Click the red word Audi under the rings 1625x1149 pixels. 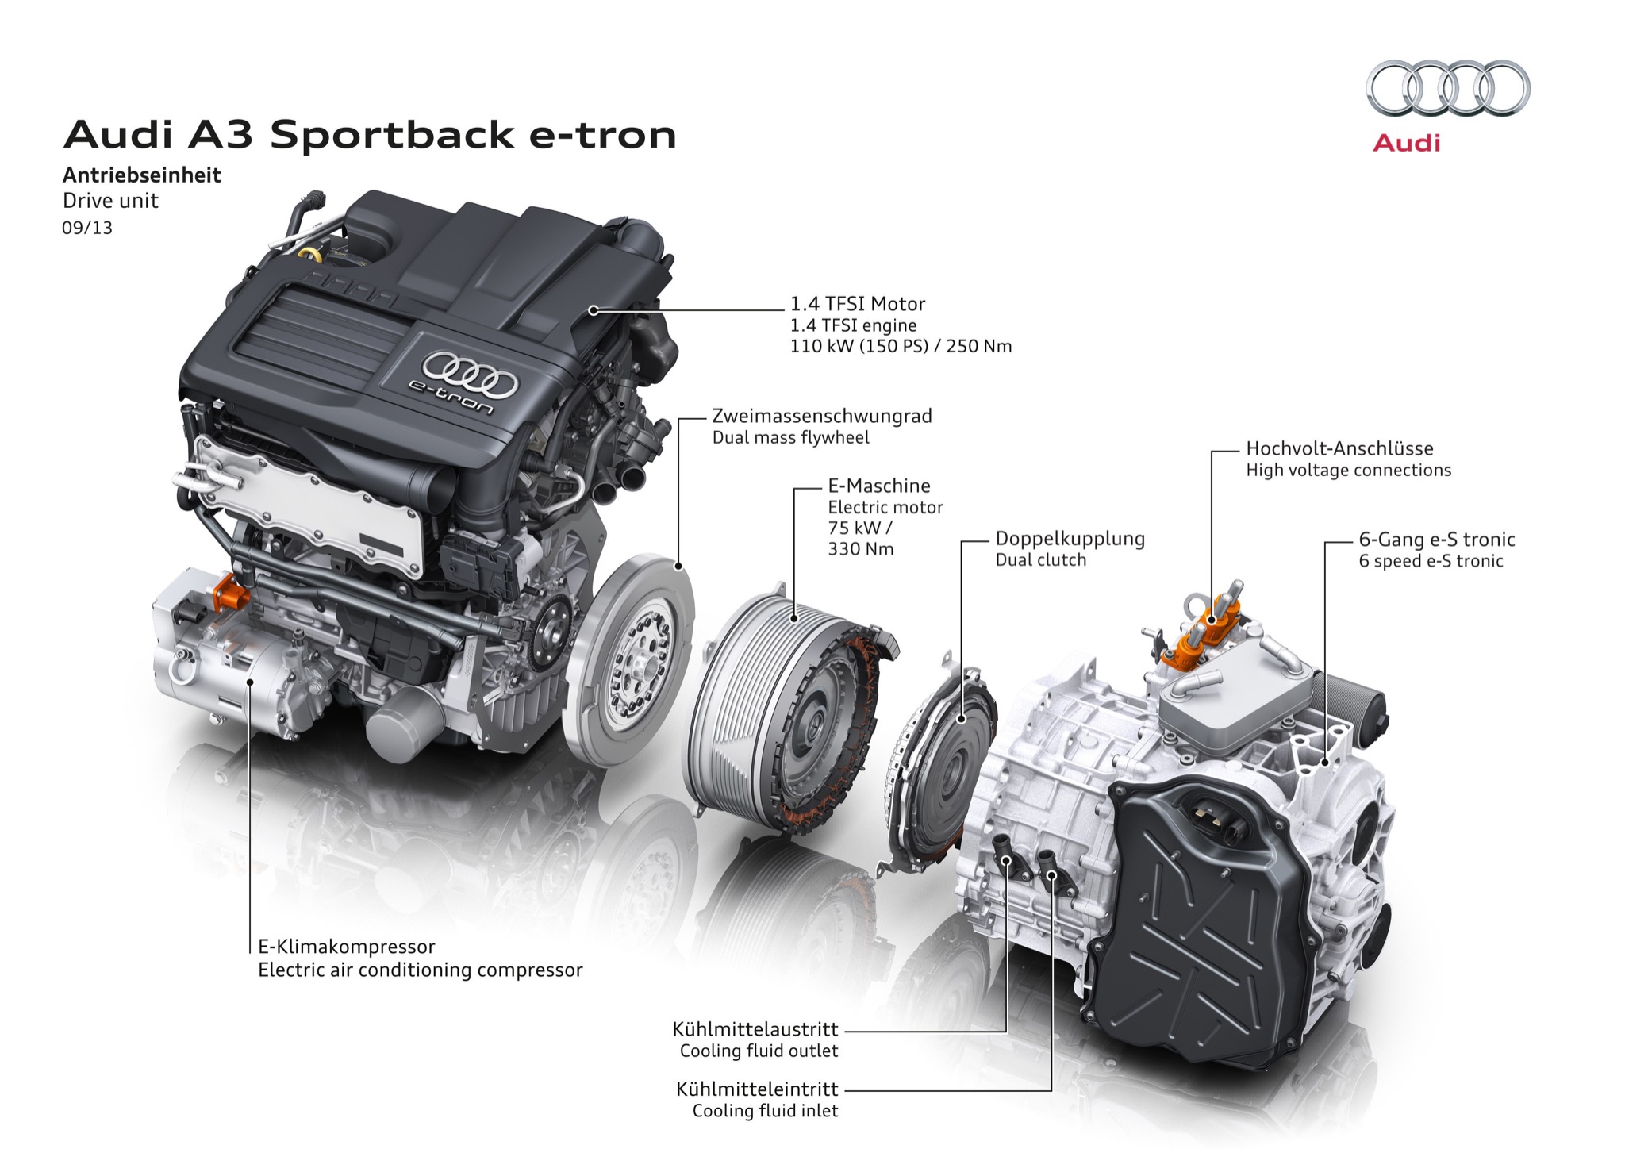pyautogui.click(x=1406, y=144)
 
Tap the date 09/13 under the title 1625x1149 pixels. pyautogui.click(x=87, y=229)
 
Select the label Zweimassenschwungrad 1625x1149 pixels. pyautogui.click(x=821, y=416)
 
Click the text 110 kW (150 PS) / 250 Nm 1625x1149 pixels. pyautogui.click(x=901, y=347)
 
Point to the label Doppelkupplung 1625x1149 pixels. pyautogui.click(x=1070, y=539)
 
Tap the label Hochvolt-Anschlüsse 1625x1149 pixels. pyautogui.click(x=1339, y=448)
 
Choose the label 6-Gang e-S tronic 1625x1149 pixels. pyautogui.click(x=1436, y=540)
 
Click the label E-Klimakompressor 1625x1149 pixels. pyautogui.click(x=347, y=947)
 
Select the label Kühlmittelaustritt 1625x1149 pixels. pyautogui.click(x=755, y=1029)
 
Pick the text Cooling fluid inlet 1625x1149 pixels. pyautogui.click(x=765, y=1111)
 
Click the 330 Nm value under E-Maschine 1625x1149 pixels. pyautogui.click(x=860, y=549)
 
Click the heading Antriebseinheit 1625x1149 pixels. pyautogui.click(x=142, y=175)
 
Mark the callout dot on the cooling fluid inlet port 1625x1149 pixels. pyautogui.click(x=1051, y=875)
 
